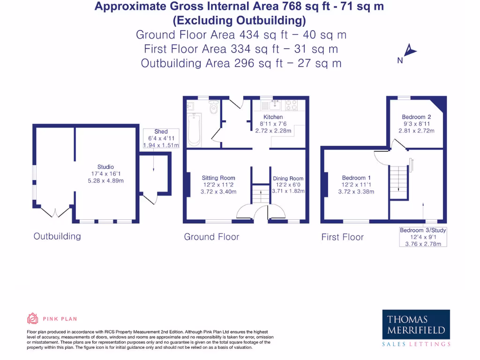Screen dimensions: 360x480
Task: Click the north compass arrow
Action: (x=410, y=51)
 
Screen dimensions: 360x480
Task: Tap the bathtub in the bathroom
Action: (x=194, y=129)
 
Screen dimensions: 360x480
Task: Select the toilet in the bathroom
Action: (x=214, y=107)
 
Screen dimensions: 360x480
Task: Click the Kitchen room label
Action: (x=273, y=117)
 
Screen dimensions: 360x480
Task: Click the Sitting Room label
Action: (x=218, y=178)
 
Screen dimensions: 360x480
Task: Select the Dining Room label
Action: (x=288, y=178)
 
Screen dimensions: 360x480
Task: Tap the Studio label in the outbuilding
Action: (x=105, y=167)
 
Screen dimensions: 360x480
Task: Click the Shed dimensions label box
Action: (x=161, y=138)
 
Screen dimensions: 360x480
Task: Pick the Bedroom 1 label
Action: (x=356, y=178)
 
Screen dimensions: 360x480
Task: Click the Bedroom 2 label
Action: (x=416, y=117)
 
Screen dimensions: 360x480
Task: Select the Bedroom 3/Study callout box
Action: (x=423, y=237)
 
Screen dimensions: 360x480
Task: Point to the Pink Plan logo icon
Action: (x=32, y=319)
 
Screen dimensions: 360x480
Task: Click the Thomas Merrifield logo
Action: (x=416, y=328)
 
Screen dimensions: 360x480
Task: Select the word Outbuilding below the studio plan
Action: (x=57, y=236)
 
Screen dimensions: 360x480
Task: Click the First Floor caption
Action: (x=342, y=237)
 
